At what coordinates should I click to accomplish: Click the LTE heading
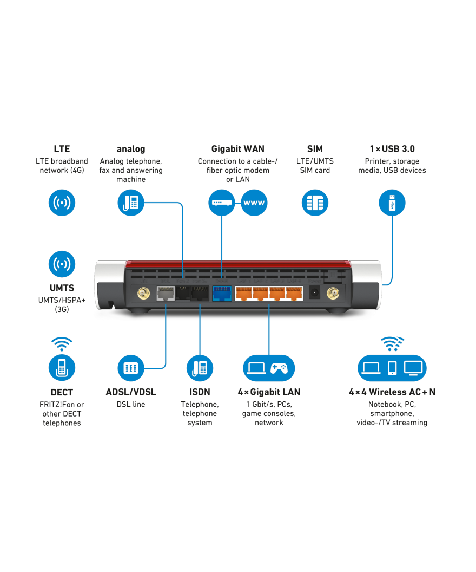coord(62,148)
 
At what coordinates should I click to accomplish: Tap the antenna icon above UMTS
coord(62,264)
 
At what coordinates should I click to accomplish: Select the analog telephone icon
coord(131,203)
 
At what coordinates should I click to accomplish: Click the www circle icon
coord(254,203)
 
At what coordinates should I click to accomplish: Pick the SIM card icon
coord(315,203)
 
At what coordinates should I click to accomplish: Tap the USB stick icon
coord(392,203)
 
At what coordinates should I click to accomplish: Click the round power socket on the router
coord(314,293)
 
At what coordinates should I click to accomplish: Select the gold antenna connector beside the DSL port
coord(143,294)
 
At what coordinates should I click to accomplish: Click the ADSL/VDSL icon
coord(131,368)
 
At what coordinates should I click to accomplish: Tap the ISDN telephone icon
coord(200,368)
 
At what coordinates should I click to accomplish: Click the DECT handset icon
coord(62,368)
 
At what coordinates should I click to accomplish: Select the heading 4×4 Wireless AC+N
coord(392,392)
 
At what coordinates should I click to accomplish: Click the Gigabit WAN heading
coord(237,148)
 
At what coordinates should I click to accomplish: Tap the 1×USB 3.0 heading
coord(392,148)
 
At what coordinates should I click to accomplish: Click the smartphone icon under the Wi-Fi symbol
coord(392,368)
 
